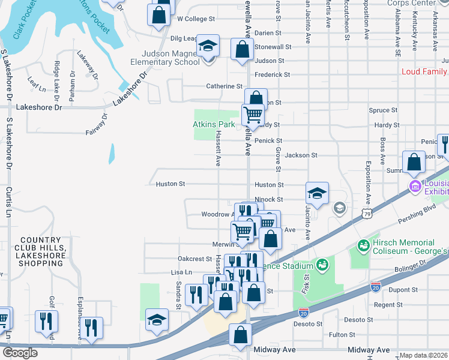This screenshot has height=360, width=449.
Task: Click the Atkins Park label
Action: (213, 124)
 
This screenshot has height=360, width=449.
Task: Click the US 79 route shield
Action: (367, 213)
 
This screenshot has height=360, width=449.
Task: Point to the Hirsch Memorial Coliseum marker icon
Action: (363, 245)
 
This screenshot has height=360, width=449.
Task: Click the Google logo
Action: (20, 353)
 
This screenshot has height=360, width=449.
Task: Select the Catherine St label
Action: (224, 86)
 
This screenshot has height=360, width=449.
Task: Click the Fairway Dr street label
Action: (96, 124)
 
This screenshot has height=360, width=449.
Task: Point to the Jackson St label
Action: (301, 155)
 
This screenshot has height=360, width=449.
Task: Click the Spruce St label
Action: (384, 110)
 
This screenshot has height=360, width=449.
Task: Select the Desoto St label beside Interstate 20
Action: (308, 323)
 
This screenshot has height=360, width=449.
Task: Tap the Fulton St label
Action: (342, 335)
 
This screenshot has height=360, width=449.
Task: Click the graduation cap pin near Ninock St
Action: (317, 193)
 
